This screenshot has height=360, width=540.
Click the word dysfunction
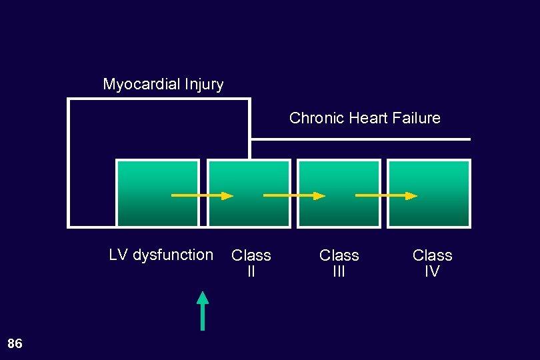coord(173,255)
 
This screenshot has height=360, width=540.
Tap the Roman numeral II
coord(251,271)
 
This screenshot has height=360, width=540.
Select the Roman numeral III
coord(339,271)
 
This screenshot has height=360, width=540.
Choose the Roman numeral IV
coord(432,271)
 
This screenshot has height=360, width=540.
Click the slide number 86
coord(15,343)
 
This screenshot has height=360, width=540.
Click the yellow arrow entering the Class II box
coord(203,196)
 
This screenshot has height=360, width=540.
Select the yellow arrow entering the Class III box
coord(294,196)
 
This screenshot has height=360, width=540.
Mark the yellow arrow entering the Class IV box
coord(386,196)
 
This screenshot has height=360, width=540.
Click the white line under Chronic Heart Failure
coord(360,139)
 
